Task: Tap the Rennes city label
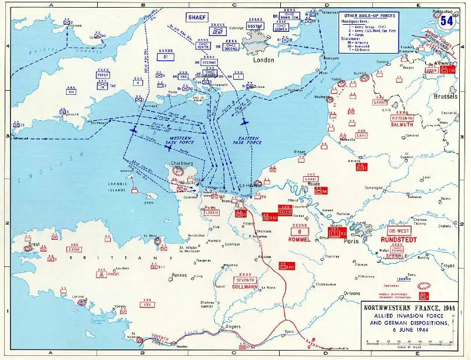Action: point(178,275)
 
